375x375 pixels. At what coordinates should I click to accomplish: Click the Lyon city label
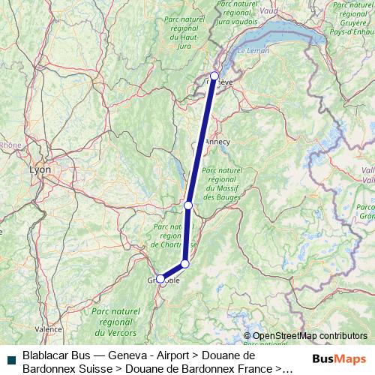40,170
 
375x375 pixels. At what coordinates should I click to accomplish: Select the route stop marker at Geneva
215,75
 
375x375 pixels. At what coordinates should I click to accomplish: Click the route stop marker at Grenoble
160,278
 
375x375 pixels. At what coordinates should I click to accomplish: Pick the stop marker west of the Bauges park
188,205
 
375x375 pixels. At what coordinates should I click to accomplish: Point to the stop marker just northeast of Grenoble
184,263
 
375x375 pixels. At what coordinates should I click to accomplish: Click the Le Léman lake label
252,50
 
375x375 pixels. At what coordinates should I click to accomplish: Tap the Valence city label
49,328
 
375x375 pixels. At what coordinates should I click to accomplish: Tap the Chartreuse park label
173,235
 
